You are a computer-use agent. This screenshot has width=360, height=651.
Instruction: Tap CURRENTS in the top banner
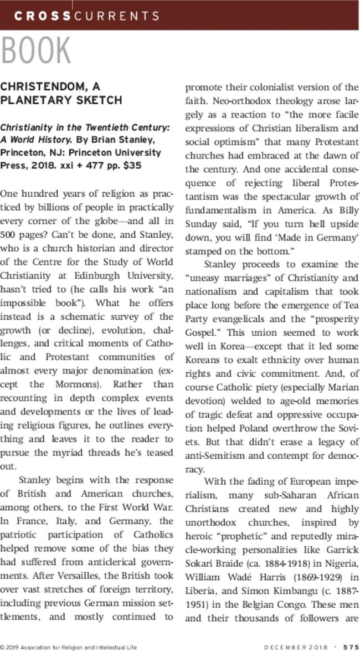[110, 17]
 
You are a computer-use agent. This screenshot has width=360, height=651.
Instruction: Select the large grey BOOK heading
[35, 51]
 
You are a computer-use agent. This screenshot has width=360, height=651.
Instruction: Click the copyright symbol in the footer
[3, 646]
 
